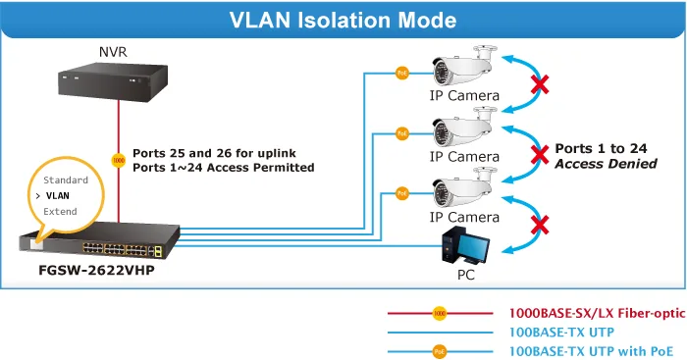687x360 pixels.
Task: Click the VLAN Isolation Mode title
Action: tap(343, 21)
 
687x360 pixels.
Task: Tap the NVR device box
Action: tap(113, 81)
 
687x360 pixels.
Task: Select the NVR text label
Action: tap(113, 52)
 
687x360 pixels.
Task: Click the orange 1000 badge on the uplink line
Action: tap(119, 160)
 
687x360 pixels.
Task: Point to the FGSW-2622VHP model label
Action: tap(96, 270)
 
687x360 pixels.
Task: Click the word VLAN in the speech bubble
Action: tap(57, 196)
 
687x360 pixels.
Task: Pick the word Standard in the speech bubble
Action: tap(66, 180)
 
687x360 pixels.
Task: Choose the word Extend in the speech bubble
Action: tap(60, 212)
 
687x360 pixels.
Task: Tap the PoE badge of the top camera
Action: tap(402, 73)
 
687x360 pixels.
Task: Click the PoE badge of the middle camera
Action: tap(402, 133)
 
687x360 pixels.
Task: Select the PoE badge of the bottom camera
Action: tap(402, 193)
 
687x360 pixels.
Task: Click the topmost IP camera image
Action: tap(464, 66)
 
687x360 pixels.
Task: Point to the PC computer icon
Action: tap(465, 247)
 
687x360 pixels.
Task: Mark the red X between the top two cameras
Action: tap(540, 84)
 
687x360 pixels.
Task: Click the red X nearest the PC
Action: tap(540, 225)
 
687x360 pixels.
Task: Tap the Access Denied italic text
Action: tap(606, 164)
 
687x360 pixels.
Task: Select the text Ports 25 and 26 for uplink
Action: tap(214, 153)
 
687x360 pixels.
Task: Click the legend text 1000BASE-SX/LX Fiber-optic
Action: tap(597, 313)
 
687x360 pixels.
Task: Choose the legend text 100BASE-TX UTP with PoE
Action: tap(591, 351)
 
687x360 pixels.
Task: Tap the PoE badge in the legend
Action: tap(440, 351)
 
